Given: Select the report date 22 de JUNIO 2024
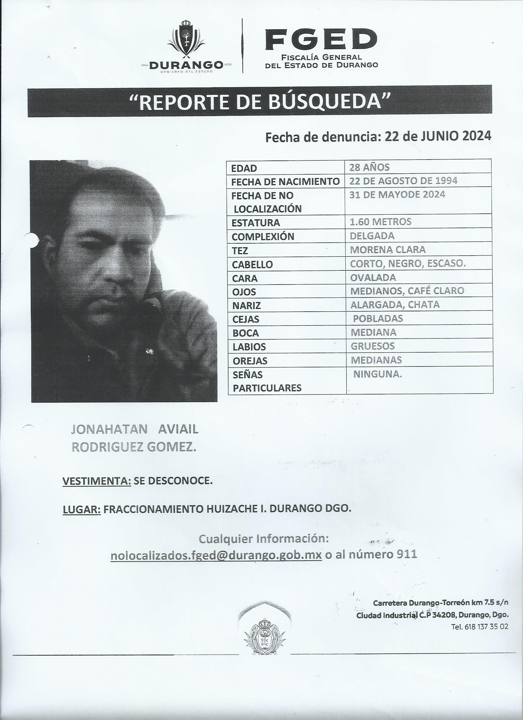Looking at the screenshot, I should [438, 136].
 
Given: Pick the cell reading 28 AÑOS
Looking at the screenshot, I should [369, 167].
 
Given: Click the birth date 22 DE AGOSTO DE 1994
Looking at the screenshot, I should [403, 181].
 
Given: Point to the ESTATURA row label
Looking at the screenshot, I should [256, 223].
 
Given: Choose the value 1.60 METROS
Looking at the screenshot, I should [380, 222].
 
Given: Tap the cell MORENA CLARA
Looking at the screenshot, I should [388, 249].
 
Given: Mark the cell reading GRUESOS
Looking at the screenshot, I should [373, 346].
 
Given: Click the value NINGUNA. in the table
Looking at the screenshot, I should [377, 374].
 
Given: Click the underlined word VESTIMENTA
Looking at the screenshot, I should [97, 481].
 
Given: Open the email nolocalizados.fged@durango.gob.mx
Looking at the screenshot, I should [216, 555].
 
